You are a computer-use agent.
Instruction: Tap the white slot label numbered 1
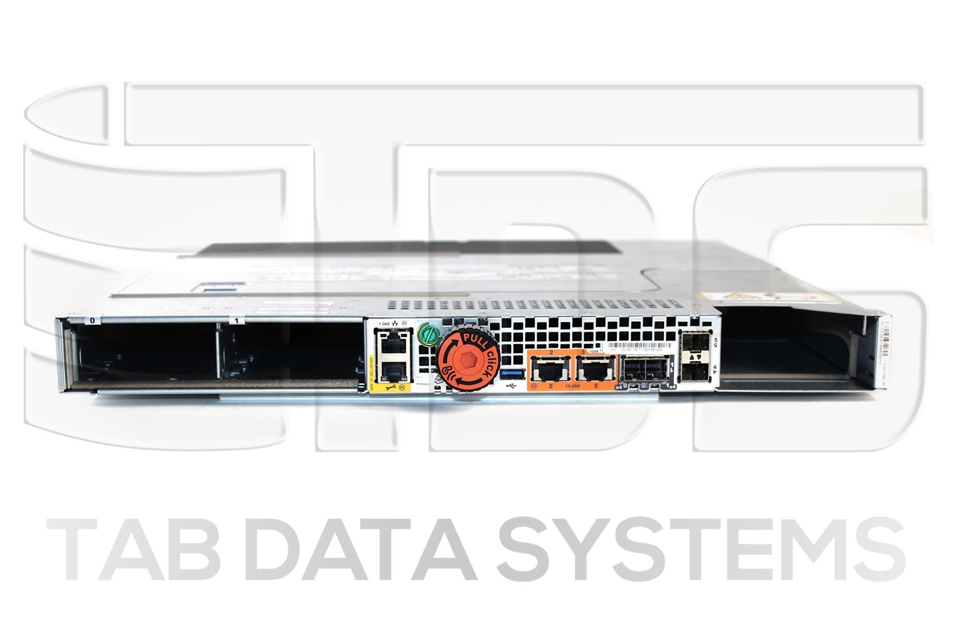click(238, 321)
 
